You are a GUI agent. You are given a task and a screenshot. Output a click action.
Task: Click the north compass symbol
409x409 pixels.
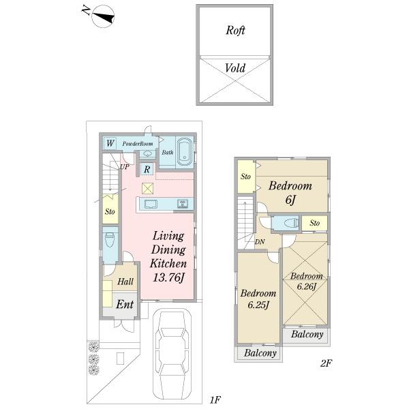104,16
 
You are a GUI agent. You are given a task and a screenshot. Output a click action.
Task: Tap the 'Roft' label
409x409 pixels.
235,30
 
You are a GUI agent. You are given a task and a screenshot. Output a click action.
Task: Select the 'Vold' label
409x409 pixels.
235,68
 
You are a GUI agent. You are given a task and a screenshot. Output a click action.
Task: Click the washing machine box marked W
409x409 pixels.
110,143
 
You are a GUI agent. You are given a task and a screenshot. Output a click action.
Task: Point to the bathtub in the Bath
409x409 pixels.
185,152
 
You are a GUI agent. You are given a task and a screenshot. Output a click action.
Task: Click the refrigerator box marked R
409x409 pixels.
147,169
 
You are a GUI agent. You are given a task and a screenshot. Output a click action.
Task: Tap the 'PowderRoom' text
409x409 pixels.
138,144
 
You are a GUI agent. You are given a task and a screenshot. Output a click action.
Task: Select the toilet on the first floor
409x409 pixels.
110,240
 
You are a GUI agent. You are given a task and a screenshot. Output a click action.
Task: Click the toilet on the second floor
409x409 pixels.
291,223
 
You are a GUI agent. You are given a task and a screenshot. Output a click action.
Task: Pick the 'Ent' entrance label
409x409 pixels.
125,305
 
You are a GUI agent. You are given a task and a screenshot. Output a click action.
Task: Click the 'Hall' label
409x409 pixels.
125,282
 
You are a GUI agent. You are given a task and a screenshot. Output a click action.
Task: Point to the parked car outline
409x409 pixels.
172,356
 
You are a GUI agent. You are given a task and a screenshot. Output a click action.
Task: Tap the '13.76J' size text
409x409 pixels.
168,277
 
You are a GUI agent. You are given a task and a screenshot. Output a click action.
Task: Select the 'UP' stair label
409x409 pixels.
125,167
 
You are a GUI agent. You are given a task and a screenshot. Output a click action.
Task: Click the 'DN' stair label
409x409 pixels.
260,242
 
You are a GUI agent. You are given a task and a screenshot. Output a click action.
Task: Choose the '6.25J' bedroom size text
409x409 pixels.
258,305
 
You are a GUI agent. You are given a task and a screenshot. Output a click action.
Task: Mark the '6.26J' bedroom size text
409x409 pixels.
307,286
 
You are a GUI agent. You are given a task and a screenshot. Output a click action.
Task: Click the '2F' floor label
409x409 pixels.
326,363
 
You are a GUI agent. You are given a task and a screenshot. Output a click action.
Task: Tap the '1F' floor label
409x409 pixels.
215,399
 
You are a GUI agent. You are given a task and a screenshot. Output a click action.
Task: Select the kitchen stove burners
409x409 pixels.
182,203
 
